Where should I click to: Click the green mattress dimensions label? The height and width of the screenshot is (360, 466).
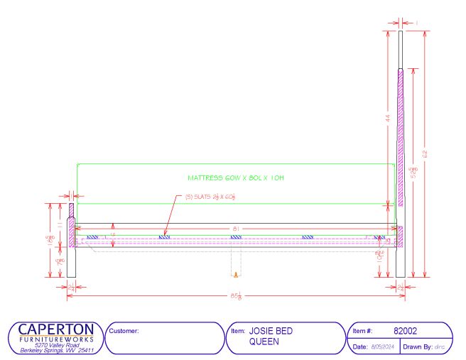(237, 178)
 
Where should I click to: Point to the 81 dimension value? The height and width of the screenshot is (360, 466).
(235, 228)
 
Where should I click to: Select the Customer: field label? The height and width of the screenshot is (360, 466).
(123, 331)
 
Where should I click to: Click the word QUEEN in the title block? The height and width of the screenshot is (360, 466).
(264, 342)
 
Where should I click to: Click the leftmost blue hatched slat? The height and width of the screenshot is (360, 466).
(92, 237)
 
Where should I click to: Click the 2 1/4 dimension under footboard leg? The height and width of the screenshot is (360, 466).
(71, 286)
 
